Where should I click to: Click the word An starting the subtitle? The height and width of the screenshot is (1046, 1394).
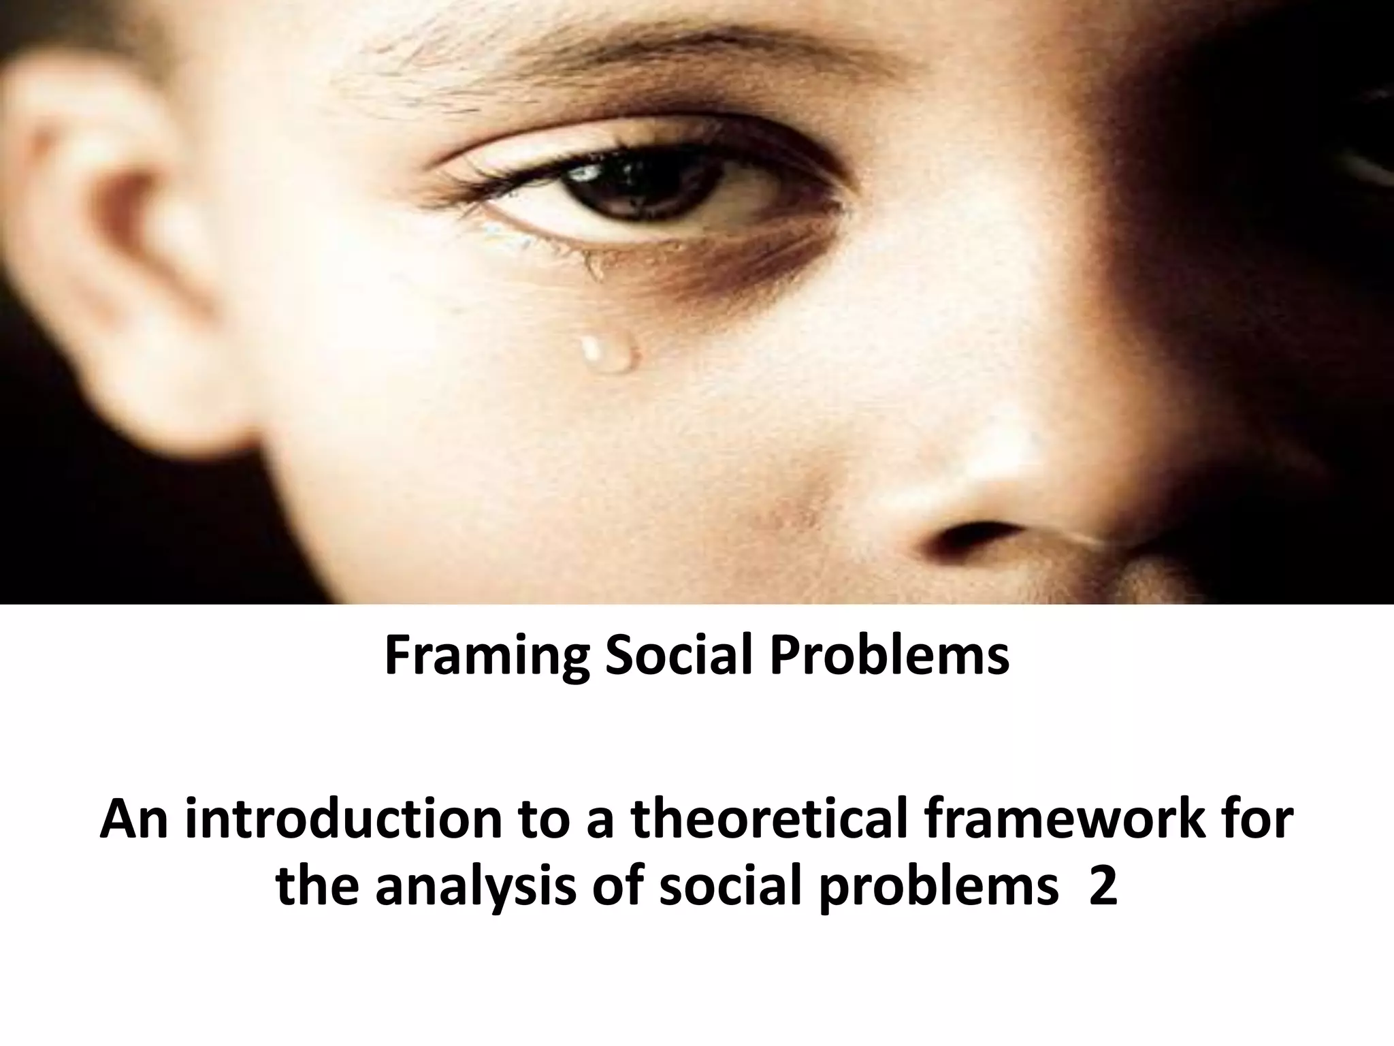[135, 821]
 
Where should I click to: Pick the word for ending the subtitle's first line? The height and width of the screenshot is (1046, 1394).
[1257, 821]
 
